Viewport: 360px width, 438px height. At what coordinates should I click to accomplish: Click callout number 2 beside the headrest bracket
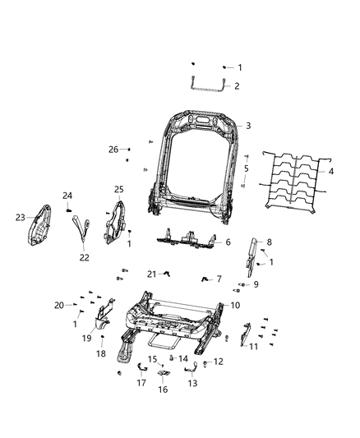[x=237, y=86]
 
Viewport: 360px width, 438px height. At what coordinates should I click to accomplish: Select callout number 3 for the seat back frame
[x=248, y=126]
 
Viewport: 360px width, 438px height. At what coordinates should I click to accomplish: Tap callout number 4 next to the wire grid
[x=331, y=172]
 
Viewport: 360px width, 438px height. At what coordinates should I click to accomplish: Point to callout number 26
[x=113, y=149]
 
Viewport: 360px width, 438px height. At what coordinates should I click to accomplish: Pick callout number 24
[x=68, y=196]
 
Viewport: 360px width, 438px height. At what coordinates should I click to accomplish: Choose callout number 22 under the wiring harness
[x=83, y=257]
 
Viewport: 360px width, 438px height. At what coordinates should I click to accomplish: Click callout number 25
[x=118, y=190]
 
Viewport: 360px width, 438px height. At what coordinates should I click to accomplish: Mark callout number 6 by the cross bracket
[x=228, y=242]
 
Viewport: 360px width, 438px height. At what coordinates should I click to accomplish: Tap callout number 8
[x=267, y=242]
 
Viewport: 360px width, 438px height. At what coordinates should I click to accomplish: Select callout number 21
[x=151, y=274]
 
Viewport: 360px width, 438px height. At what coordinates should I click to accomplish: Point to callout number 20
[x=58, y=305]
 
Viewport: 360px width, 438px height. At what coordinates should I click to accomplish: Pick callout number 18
[x=101, y=353]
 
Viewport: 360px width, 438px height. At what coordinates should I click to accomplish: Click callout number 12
[x=218, y=362]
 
